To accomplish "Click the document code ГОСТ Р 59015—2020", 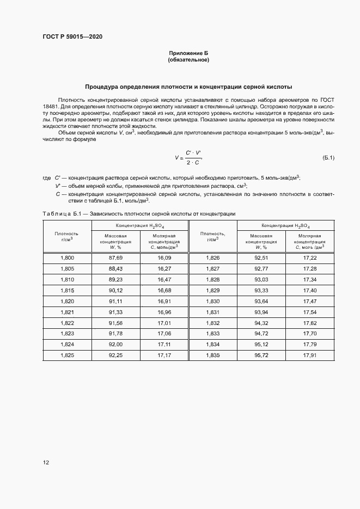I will [72, 37].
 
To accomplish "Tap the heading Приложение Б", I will [188, 53].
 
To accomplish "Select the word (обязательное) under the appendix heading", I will [188, 59].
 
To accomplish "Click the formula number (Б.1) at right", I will [328, 158].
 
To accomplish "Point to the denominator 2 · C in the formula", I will [192, 163].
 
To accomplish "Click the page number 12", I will [46, 463].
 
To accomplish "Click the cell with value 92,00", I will [115, 344].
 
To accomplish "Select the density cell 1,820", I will [67, 301].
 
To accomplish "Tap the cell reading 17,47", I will [310, 301].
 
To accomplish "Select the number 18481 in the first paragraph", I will [50, 107].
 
